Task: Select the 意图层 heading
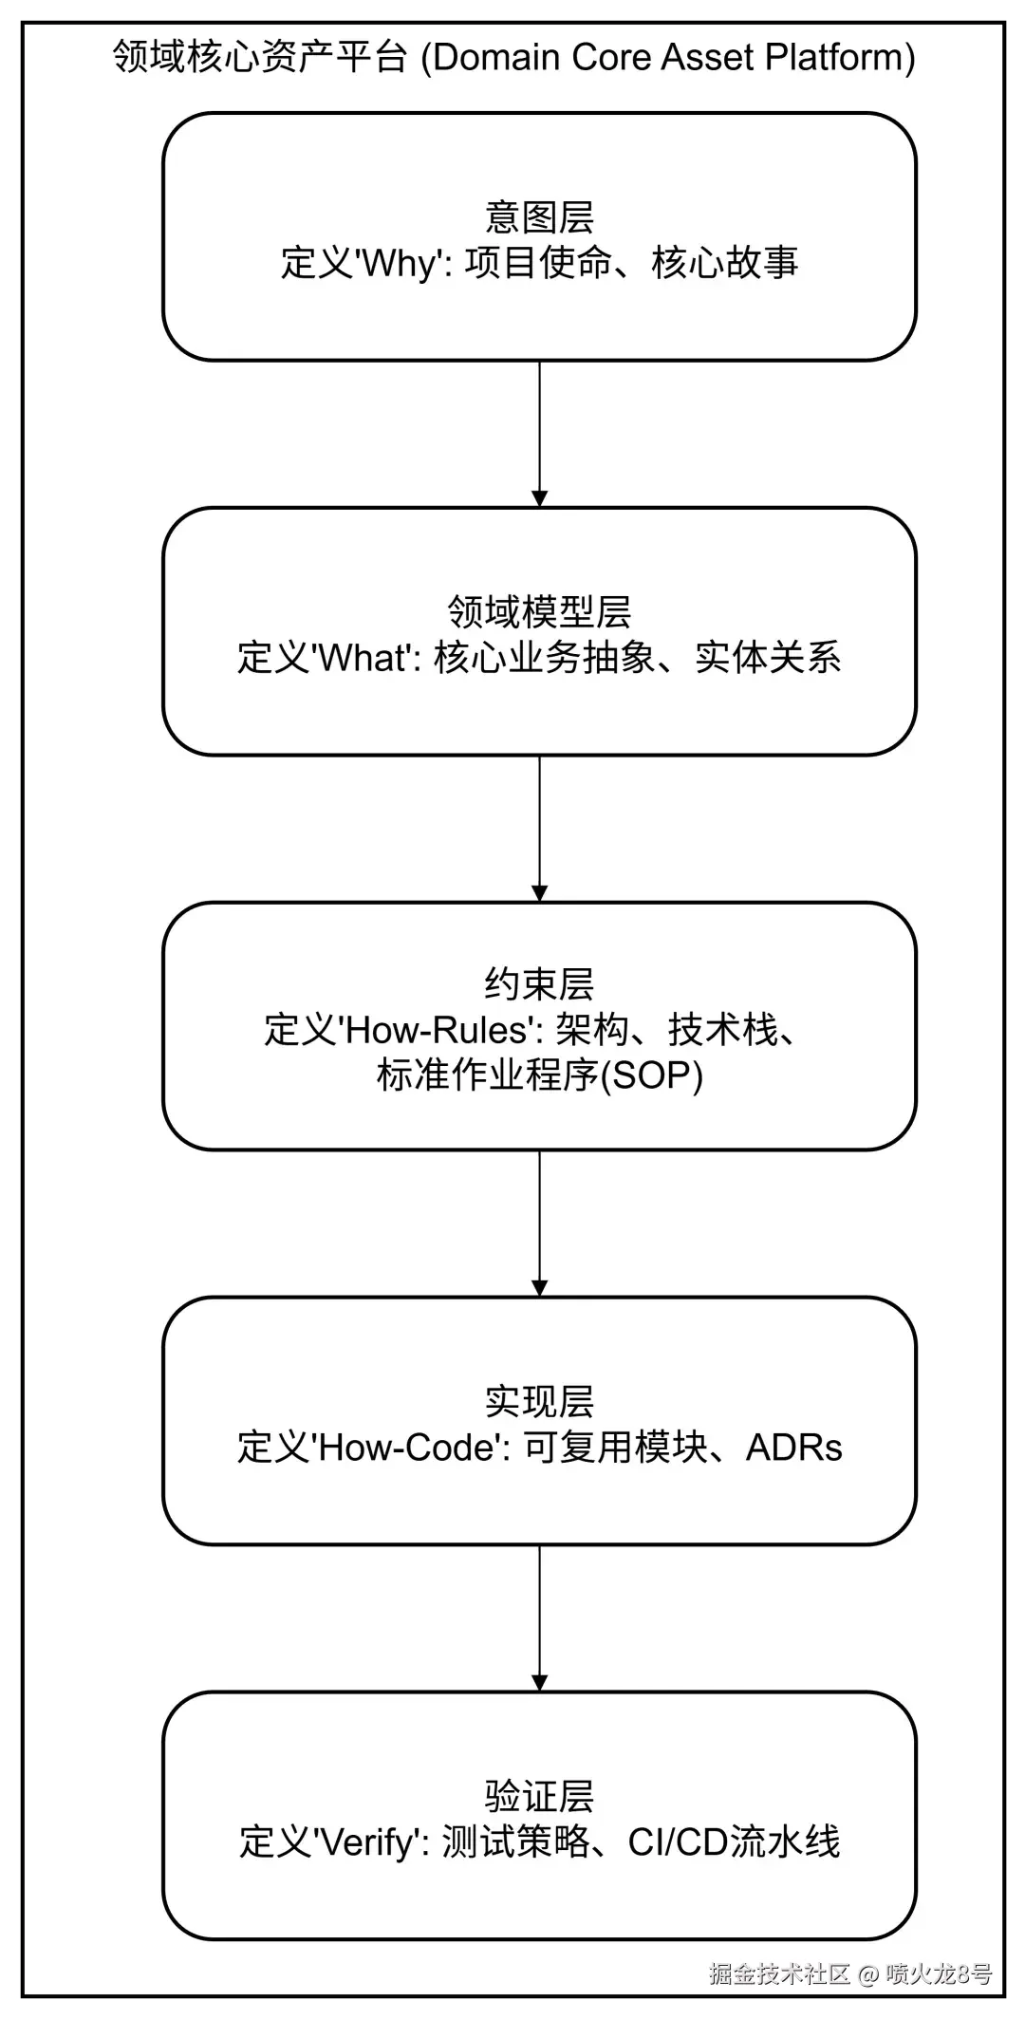pos(539,217)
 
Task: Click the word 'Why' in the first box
pos(401,263)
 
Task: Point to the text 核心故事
pos(724,263)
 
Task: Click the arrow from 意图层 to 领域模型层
pos(539,433)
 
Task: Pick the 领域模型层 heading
pos(539,612)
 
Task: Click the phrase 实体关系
pos(768,658)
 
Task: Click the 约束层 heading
pos(539,984)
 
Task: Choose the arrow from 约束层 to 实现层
pos(539,1223)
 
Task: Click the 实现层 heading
pos(539,1402)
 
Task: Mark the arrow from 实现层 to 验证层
pos(539,1617)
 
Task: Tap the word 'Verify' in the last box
pos(368,1842)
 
